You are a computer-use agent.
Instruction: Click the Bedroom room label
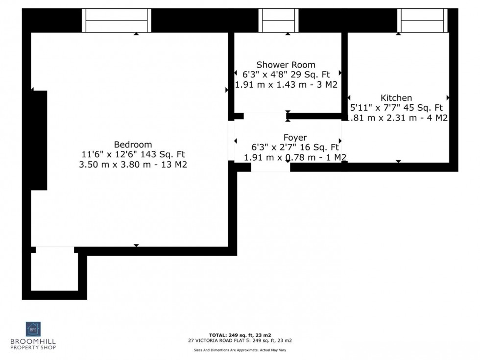(x=133, y=144)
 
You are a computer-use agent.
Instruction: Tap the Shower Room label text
(x=286, y=65)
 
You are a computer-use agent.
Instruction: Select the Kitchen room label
(x=396, y=98)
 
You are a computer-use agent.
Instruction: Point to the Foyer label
(x=295, y=138)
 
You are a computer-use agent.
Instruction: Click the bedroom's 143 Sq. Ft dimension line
(x=133, y=155)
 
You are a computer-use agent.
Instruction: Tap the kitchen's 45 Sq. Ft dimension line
(x=396, y=108)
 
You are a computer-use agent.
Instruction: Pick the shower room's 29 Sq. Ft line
(x=286, y=74)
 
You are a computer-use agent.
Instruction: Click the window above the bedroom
(x=116, y=21)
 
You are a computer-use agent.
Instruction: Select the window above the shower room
(x=278, y=21)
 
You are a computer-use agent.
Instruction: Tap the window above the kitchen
(x=422, y=21)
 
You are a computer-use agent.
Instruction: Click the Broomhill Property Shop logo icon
(x=34, y=329)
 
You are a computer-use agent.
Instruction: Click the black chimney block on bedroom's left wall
(x=39, y=140)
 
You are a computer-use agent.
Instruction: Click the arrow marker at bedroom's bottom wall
(x=136, y=245)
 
